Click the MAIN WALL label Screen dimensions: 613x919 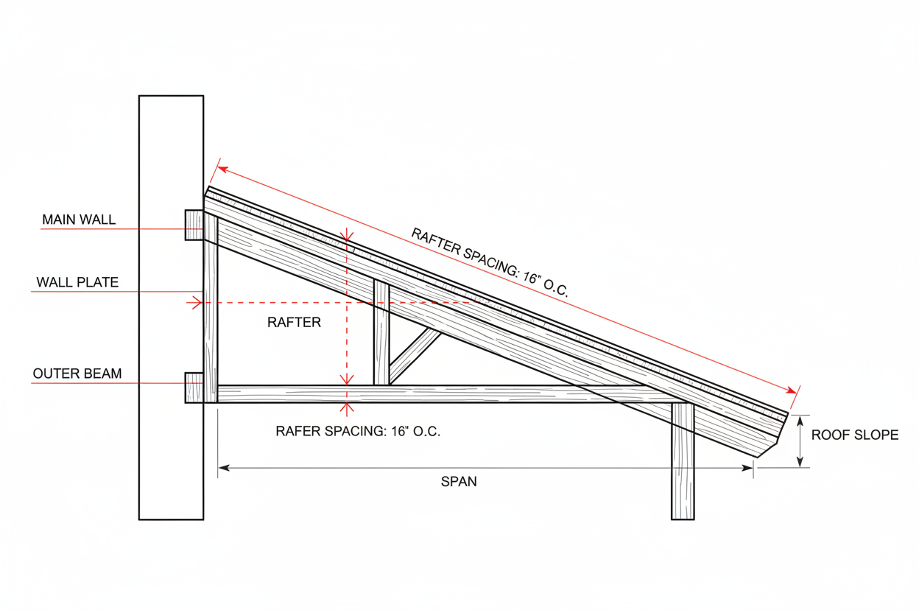[79, 220]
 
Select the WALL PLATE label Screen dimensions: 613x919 [77, 282]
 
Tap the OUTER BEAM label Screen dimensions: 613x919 [77, 374]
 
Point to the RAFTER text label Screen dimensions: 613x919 [294, 322]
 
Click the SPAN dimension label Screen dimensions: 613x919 [459, 482]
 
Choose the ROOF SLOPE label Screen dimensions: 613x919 [855, 435]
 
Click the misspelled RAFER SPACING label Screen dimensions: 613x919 [358, 432]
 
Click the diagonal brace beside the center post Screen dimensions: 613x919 [415, 355]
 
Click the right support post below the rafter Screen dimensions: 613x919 [683, 464]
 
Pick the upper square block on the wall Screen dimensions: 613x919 [194, 225]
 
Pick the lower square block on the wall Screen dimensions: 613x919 [194, 388]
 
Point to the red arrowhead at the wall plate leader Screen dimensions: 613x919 [197, 302]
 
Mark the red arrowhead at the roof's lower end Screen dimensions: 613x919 [792, 390]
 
